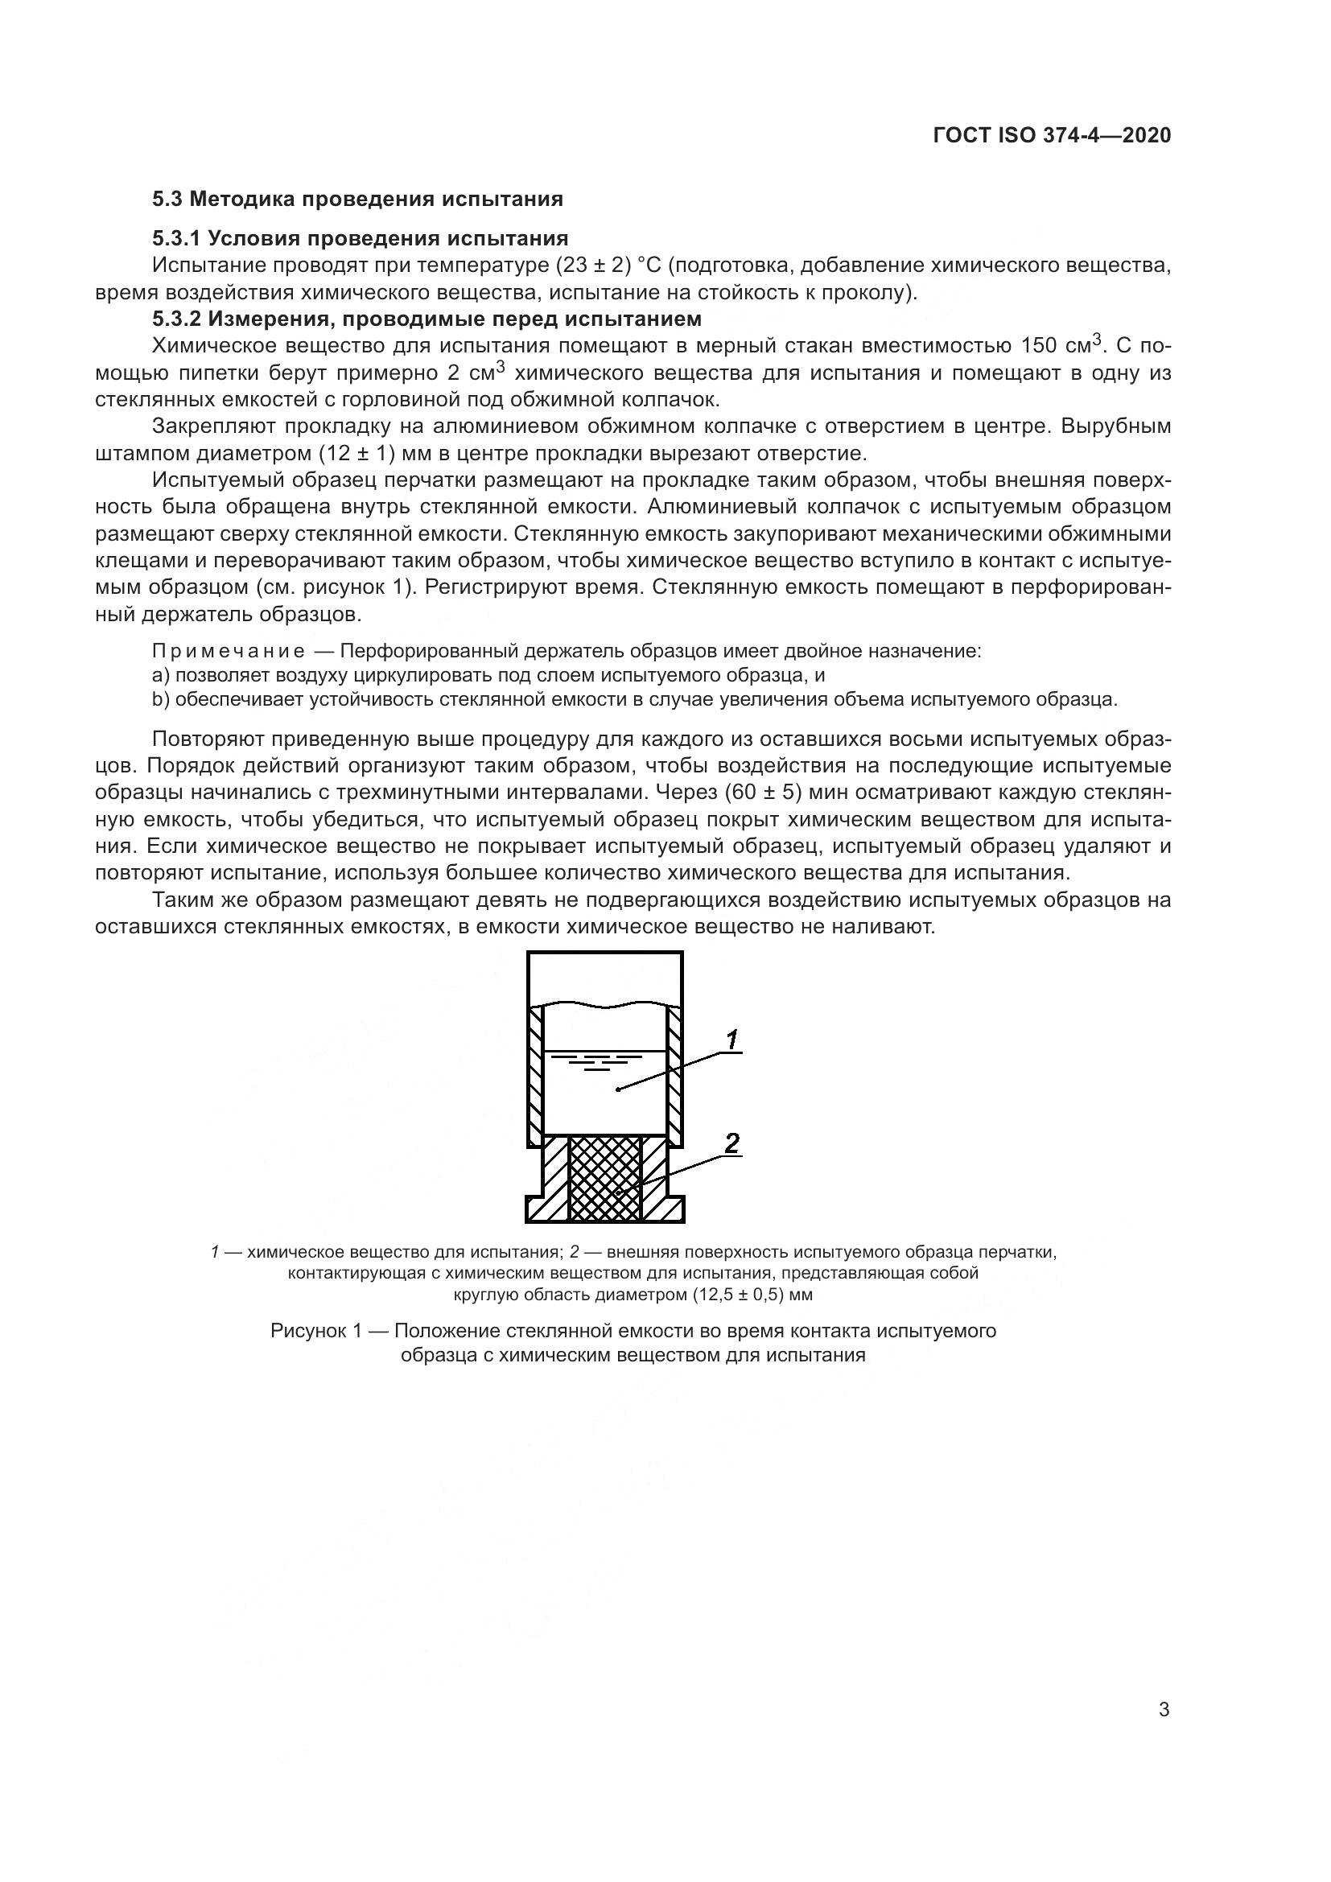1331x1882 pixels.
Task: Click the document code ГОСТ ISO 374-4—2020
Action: coord(1052,135)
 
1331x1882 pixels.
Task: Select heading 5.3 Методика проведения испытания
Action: coord(357,199)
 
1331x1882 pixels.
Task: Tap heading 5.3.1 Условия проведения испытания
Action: coord(360,238)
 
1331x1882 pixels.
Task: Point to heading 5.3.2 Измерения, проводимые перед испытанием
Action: coord(427,318)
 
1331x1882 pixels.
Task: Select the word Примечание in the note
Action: coord(229,652)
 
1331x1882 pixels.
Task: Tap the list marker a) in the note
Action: coord(161,675)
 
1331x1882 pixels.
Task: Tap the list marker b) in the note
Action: coord(161,699)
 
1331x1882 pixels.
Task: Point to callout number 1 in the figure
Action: coord(731,1040)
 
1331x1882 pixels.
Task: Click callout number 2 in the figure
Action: coord(731,1142)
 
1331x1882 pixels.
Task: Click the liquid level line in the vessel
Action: coord(605,1050)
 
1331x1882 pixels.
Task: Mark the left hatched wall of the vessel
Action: coord(534,1074)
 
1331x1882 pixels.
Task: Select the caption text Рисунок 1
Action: coord(315,1331)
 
